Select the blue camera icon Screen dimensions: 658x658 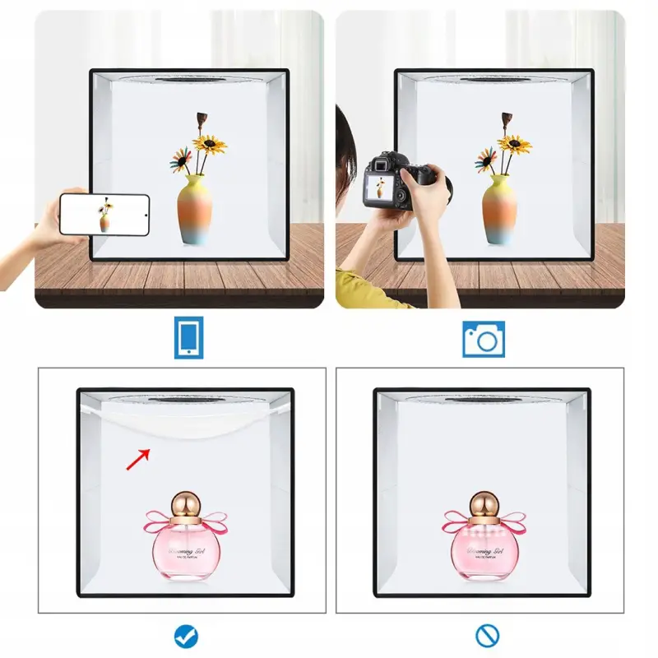click(483, 338)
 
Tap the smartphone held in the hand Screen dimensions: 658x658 click(105, 214)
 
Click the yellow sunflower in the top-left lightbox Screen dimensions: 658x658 click(211, 146)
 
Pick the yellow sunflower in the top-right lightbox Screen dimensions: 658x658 click(515, 146)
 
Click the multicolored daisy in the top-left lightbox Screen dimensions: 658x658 click(180, 160)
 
